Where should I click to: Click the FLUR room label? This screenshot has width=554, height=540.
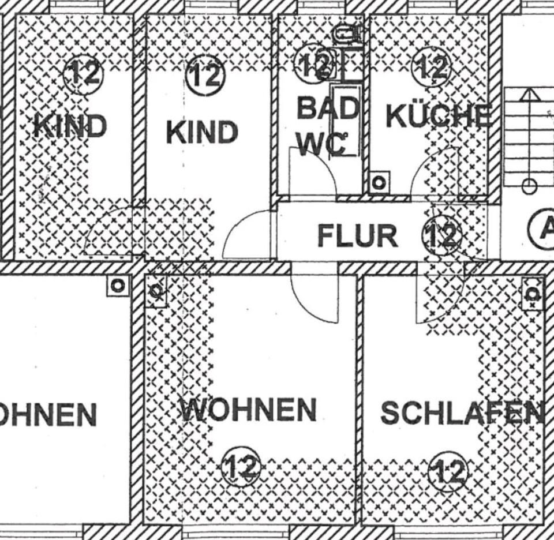click(357, 236)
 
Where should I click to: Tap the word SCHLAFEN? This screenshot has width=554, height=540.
click(461, 413)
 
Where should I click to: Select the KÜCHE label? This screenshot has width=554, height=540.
click(439, 115)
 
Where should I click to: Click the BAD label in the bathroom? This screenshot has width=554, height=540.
click(328, 108)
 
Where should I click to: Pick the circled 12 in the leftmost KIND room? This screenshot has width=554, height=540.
click(83, 74)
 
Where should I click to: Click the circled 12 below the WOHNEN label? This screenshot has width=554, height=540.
click(241, 466)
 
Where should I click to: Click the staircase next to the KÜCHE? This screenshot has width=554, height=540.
click(528, 136)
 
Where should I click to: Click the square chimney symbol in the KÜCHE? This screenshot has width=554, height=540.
click(379, 183)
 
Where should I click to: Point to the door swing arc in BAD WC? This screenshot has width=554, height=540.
click(315, 170)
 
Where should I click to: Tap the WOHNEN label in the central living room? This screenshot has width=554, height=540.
click(248, 410)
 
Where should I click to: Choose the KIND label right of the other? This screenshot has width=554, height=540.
click(202, 132)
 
